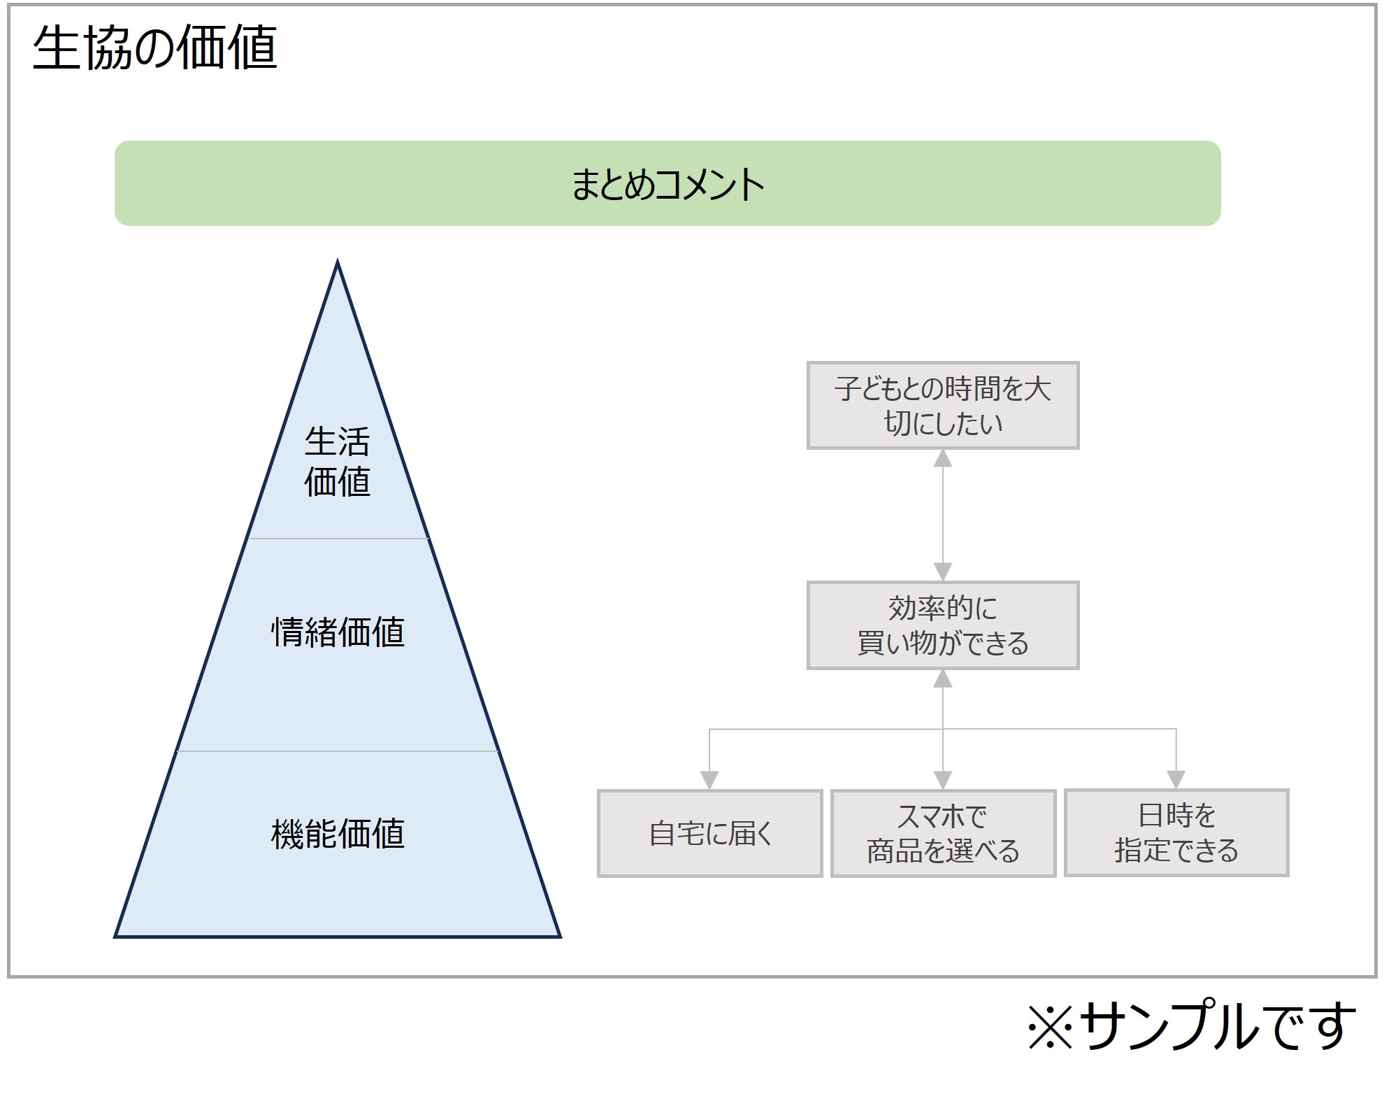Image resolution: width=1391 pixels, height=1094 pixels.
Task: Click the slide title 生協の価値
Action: (155, 48)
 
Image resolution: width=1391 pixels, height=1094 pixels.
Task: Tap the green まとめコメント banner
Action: (668, 183)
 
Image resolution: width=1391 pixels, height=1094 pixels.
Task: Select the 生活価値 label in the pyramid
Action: (337, 462)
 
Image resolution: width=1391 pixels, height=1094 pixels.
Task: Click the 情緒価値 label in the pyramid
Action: (338, 632)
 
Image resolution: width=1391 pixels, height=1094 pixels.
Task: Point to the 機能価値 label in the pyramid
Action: (338, 833)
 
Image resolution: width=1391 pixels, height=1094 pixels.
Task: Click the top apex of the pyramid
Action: (338, 263)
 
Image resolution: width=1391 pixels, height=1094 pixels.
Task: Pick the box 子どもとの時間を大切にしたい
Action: (943, 406)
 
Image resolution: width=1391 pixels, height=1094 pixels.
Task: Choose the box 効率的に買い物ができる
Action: (943, 625)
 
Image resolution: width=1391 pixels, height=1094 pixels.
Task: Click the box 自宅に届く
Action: (709, 833)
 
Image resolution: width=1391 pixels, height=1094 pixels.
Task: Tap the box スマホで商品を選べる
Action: (943, 833)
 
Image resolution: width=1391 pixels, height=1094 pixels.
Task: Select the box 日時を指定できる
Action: (1176, 832)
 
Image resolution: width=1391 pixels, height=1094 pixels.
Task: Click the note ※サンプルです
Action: (1192, 1026)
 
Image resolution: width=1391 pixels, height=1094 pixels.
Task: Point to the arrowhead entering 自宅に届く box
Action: (709, 780)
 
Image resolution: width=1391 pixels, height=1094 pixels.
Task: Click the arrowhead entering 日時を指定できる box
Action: (1176, 779)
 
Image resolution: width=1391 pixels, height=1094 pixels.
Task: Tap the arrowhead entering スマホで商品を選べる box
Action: (943, 780)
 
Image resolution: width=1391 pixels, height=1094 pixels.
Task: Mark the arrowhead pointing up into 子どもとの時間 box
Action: (943, 459)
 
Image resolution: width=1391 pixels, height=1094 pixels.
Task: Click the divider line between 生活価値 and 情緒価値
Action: (338, 539)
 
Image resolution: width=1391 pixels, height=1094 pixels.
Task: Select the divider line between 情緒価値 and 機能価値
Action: (338, 751)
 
